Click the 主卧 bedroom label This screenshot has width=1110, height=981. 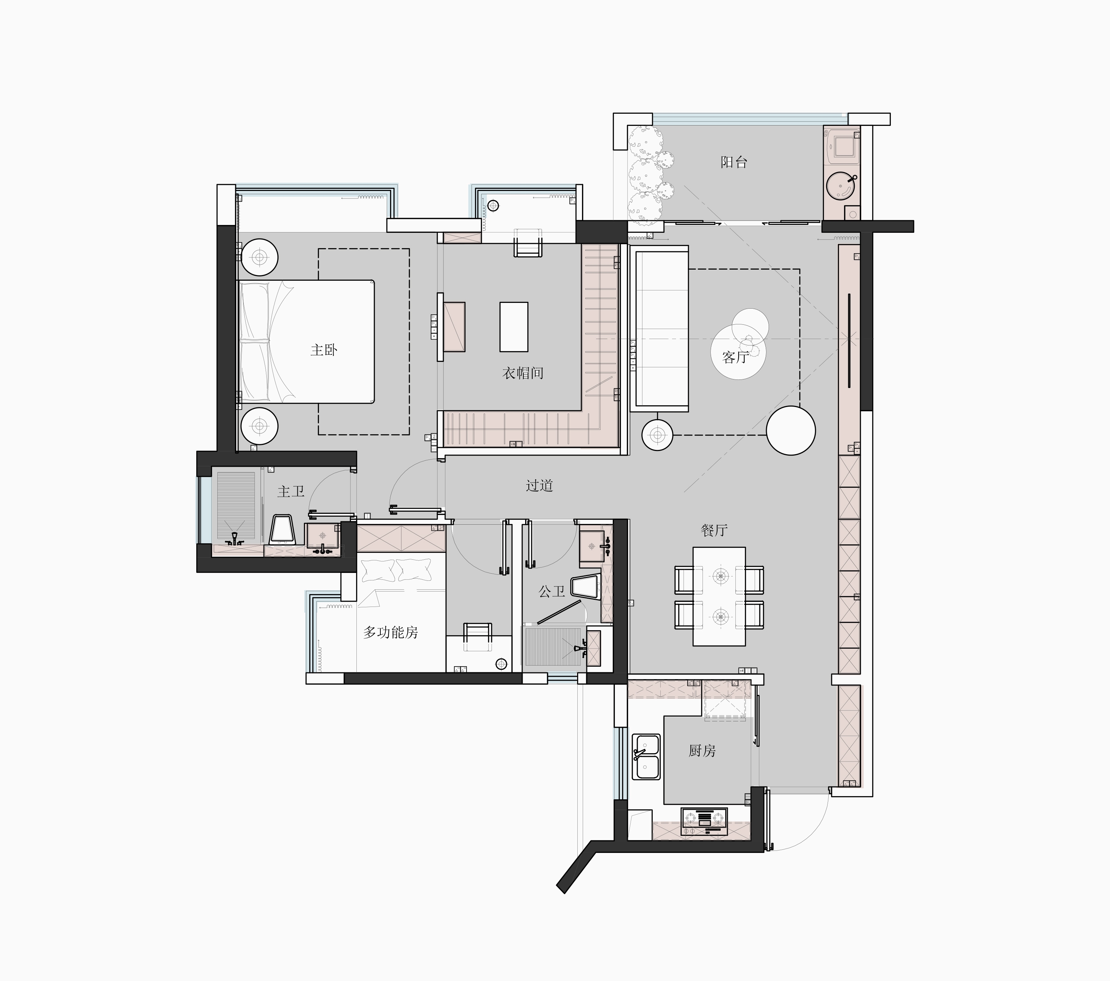[324, 350]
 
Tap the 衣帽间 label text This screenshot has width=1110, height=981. [522, 373]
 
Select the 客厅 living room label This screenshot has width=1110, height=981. [736, 357]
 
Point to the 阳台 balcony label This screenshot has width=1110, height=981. [734, 162]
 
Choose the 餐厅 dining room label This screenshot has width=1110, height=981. [714, 530]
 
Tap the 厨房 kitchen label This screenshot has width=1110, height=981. [702, 751]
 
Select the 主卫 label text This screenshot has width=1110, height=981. [291, 492]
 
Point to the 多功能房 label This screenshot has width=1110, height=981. [390, 632]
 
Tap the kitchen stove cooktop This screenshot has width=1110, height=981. [704, 821]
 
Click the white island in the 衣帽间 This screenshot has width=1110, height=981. [514, 327]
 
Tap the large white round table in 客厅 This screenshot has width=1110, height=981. [791, 430]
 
